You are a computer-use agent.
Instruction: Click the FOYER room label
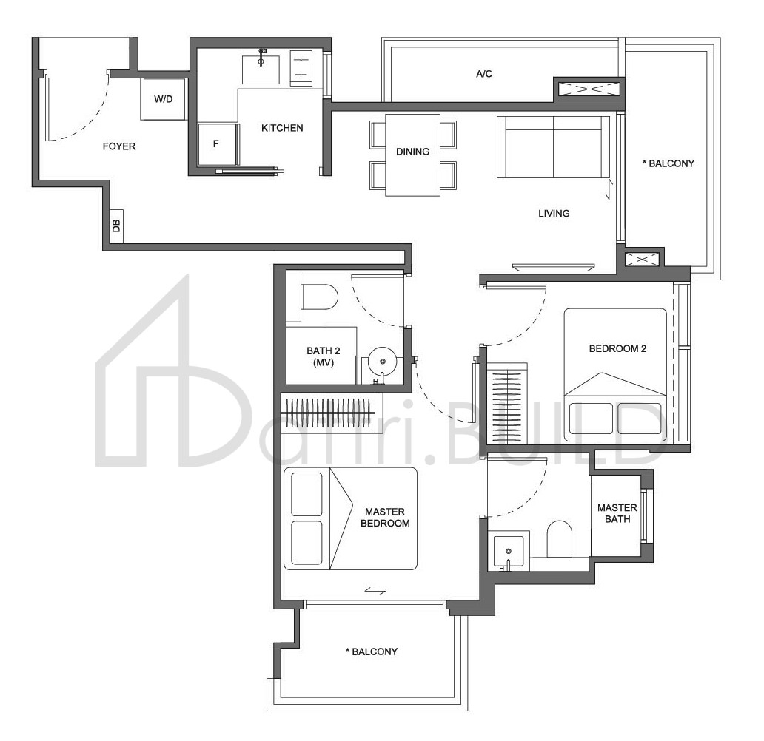[119, 146]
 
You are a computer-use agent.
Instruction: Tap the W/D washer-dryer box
[163, 99]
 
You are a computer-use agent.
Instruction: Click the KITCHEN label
[282, 128]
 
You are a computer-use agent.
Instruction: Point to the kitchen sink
[261, 69]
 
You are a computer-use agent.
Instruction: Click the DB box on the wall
[116, 226]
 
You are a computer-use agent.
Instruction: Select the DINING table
[412, 155]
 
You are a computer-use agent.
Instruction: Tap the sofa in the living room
[554, 147]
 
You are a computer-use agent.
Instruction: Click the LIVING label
[554, 213]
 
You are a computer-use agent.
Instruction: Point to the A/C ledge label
[484, 74]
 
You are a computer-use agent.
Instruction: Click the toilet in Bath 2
[319, 297]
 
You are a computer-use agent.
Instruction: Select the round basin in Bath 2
[383, 361]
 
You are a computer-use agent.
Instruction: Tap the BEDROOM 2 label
[617, 348]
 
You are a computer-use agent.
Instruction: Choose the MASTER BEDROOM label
[385, 518]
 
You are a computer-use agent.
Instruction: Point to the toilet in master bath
[559, 538]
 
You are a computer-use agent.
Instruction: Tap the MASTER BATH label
[617, 513]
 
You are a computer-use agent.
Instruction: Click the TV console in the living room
[554, 267]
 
